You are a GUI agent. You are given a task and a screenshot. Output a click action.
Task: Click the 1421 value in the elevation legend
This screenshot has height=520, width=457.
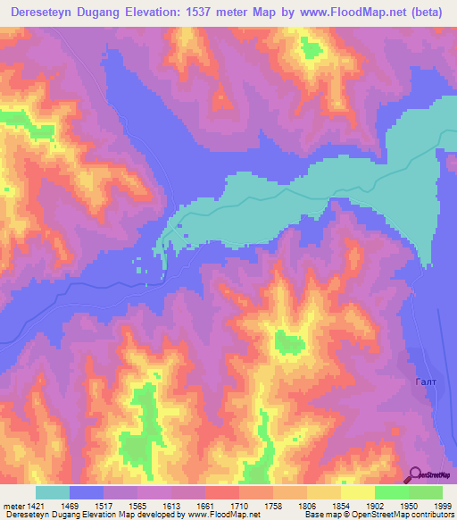[34, 506]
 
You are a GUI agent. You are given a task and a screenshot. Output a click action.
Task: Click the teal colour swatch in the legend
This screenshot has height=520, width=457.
[53, 492]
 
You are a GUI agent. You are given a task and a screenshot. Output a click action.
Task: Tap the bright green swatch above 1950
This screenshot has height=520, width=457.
[391, 492]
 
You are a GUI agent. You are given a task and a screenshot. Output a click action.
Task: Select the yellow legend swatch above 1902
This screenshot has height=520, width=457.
[357, 492]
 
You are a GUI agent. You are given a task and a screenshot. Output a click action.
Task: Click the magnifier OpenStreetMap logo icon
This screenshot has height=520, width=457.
[414, 475]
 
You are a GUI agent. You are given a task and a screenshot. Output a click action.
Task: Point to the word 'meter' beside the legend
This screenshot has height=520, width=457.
[12, 506]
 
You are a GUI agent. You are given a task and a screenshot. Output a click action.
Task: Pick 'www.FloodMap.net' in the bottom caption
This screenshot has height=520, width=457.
[224, 516]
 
